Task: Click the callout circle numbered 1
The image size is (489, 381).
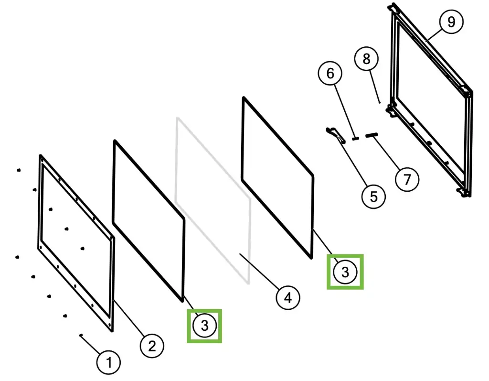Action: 108,362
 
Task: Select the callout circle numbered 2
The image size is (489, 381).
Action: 152,346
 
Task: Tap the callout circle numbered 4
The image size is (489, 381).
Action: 288,297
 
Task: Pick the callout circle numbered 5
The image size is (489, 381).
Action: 373,197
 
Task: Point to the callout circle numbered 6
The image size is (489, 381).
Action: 330,74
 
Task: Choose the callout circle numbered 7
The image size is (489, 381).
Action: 407,179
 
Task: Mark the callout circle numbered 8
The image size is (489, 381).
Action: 366,59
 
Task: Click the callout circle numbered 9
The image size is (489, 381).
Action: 451,22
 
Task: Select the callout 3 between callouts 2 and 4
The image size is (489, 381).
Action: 204,326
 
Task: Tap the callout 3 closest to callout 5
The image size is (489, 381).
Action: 345,272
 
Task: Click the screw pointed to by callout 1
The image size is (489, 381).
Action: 81,335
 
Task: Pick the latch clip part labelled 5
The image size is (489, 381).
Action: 336,135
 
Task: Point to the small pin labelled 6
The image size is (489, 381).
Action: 355,138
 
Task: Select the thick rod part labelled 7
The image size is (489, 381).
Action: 372,135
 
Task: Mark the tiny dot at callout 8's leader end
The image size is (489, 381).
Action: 380,102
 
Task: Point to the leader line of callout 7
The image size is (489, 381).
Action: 386,153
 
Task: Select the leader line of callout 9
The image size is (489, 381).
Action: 435,34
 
